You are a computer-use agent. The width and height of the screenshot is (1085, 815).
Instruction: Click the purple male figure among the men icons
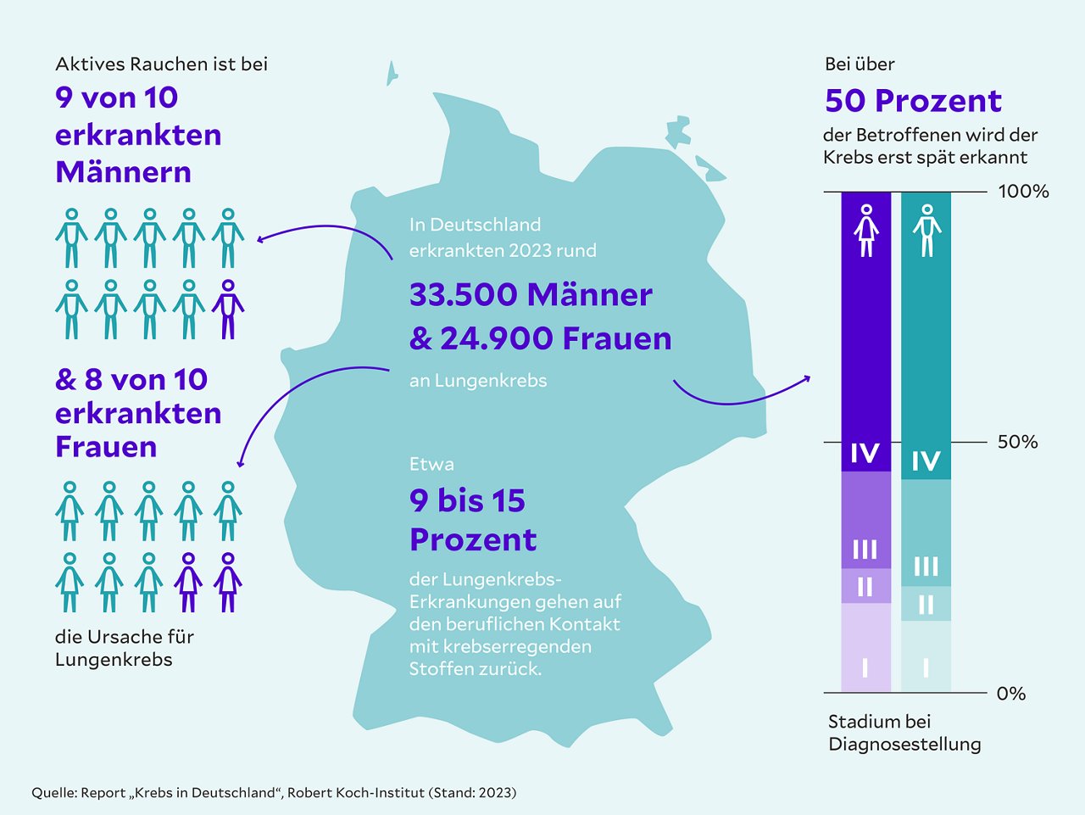coord(227,310)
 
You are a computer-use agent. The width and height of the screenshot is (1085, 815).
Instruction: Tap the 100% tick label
coord(1023,192)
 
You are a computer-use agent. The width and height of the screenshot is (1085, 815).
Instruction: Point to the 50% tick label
coord(1017,442)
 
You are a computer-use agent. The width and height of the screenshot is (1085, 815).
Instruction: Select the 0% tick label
coord(1010,694)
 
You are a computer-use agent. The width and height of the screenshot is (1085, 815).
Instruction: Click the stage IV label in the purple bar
coord(865,454)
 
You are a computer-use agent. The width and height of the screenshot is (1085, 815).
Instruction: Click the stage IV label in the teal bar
coord(926,461)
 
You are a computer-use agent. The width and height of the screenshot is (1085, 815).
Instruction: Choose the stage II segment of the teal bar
coord(926,604)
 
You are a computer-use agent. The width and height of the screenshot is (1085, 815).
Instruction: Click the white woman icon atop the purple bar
coord(865,230)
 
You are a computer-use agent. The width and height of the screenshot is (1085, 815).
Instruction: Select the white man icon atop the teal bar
coord(926,230)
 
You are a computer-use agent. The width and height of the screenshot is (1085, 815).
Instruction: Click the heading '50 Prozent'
coord(913,101)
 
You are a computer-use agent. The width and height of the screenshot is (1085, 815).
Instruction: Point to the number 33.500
coord(463,295)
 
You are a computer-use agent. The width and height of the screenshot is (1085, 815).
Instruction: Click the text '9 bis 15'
coord(467,501)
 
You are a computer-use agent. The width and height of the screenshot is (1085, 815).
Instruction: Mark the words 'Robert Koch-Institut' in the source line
coord(356,793)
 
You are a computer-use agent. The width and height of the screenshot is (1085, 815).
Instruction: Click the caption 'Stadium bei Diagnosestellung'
coord(904,733)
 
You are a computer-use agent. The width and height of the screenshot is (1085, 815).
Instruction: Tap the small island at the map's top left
coord(392,73)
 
